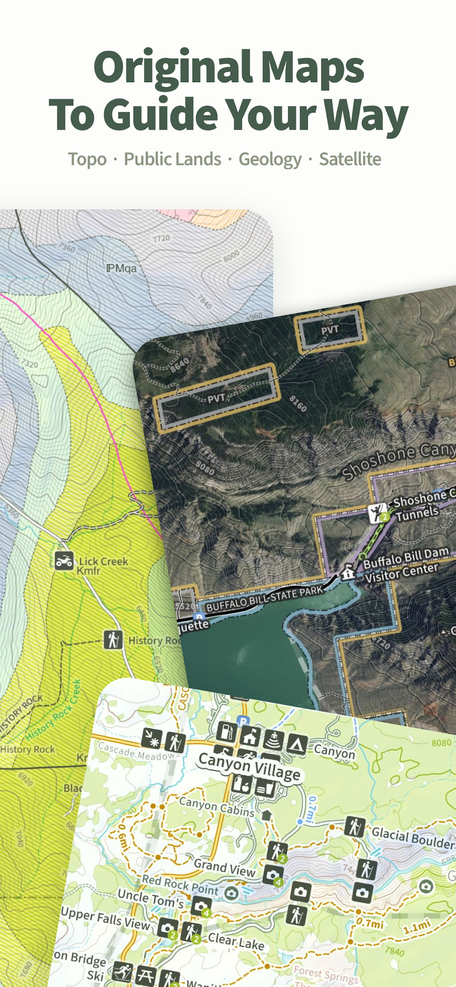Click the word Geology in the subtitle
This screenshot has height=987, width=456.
[x=270, y=160]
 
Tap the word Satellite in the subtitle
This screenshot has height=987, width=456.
[x=350, y=159]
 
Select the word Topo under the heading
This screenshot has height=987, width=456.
[x=87, y=160]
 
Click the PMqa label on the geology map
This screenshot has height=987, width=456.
[x=121, y=268]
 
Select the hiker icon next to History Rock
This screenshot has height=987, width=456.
[x=113, y=640]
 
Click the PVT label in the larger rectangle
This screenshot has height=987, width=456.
[x=216, y=398]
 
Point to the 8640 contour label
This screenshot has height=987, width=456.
[x=179, y=365]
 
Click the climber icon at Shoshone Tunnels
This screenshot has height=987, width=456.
[x=377, y=513]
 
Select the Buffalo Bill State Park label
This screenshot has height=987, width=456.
[x=265, y=599]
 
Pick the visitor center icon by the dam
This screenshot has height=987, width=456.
[x=348, y=573]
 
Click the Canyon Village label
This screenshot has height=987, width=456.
[x=249, y=766]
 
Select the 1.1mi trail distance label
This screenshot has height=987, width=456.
[x=417, y=927]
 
